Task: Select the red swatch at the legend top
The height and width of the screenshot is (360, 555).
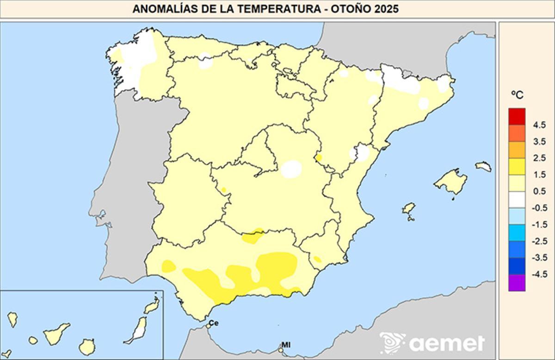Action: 517,117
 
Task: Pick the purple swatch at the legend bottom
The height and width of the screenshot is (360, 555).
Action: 517,282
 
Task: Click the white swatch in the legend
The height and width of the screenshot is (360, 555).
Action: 517,199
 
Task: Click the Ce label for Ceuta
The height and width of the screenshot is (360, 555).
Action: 213,323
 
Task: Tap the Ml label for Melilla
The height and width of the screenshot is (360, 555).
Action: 285,345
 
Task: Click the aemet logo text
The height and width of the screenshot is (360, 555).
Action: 446,343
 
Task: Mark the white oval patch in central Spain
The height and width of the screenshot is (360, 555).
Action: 291,169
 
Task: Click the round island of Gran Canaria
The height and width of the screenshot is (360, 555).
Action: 86,346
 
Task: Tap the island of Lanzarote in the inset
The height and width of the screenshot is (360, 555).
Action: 152,306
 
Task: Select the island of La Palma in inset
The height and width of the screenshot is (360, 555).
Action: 12,319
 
